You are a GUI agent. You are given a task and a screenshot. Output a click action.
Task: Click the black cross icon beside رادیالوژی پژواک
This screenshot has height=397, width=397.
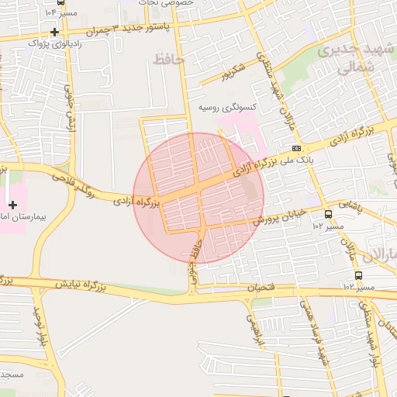point(54,32)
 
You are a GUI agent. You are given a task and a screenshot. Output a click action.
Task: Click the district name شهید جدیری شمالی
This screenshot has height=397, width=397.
point(347,59)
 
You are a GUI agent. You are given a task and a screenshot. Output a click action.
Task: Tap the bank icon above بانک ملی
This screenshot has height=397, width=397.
point(297,147)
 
